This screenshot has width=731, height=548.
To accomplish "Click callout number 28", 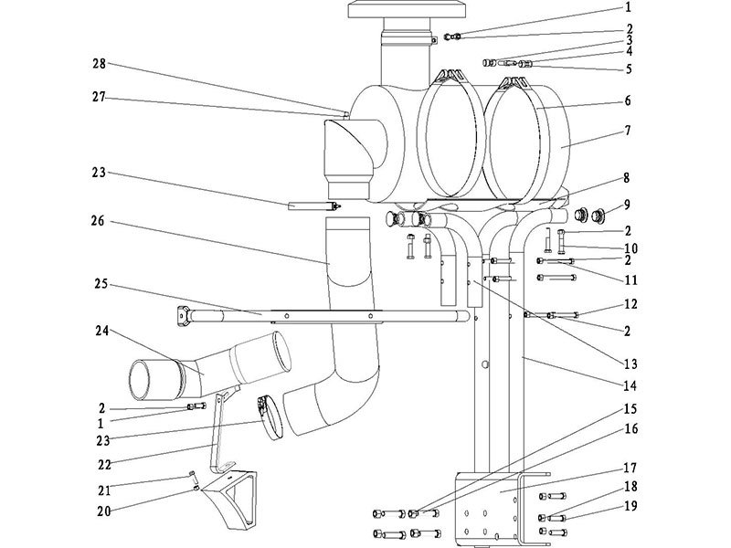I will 98,63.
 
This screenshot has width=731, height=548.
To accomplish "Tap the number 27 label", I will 98,97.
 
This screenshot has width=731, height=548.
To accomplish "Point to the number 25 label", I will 98,285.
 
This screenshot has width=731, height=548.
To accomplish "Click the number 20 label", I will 98,513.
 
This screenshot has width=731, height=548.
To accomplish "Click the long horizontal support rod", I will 320,315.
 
